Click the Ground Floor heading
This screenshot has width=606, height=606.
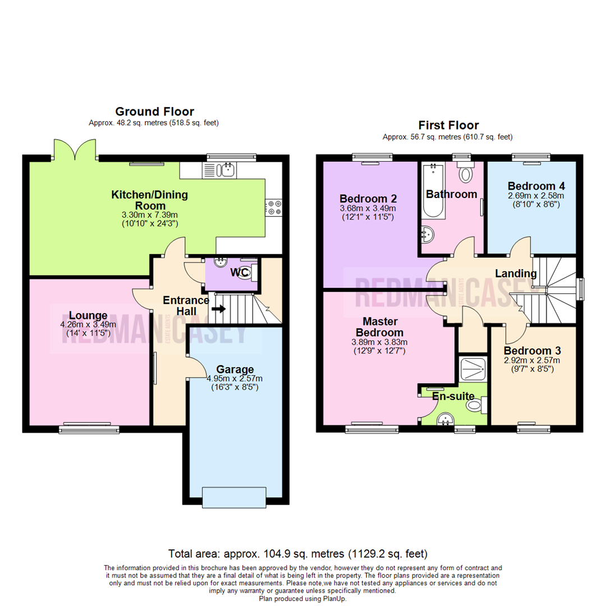click(154, 112)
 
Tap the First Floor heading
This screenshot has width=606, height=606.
click(448, 125)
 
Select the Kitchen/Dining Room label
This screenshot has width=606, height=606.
click(149, 201)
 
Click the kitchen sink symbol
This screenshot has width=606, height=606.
click(228, 169)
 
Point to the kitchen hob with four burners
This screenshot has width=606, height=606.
click(274, 208)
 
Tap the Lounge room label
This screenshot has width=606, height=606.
click(89, 314)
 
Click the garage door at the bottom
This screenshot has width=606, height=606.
click(233, 497)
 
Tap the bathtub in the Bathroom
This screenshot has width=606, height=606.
click(433, 191)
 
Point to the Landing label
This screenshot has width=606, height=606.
click(515, 273)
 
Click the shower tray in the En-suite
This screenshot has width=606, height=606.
click(472, 368)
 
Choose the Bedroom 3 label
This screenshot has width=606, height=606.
click(531, 351)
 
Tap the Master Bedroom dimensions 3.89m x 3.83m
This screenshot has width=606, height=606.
click(380, 342)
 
